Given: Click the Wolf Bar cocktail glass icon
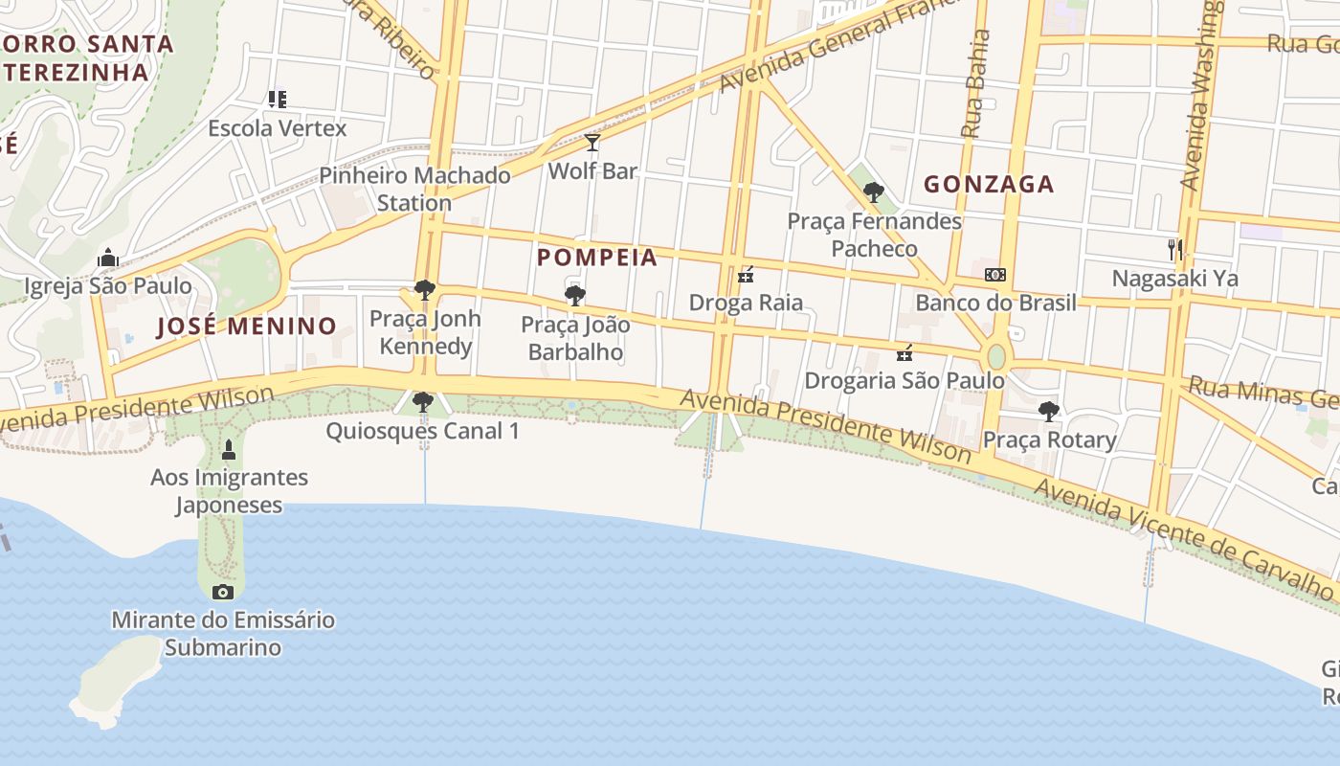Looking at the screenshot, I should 592,144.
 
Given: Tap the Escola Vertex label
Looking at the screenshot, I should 278,128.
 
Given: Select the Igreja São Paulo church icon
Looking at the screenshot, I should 108,259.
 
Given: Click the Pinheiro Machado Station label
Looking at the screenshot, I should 414,189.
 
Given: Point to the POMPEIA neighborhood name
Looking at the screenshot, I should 597,258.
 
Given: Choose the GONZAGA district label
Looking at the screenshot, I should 989,184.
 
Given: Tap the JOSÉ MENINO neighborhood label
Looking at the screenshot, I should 247,327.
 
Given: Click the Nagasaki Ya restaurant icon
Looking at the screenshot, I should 1175,250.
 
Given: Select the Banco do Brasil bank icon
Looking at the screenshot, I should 995,275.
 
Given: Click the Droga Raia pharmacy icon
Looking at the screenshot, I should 746,276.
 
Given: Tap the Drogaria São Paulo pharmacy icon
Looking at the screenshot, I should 904,353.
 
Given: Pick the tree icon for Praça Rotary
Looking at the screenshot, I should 1049,412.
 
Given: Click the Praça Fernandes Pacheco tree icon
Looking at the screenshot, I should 873,192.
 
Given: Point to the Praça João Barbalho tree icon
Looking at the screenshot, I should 575,296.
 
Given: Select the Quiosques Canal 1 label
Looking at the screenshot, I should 422,431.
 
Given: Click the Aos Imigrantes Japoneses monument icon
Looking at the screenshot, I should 229,449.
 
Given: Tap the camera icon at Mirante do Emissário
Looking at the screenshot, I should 223,592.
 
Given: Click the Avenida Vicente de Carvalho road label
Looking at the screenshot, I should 1184,540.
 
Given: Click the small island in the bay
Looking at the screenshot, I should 115,676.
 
